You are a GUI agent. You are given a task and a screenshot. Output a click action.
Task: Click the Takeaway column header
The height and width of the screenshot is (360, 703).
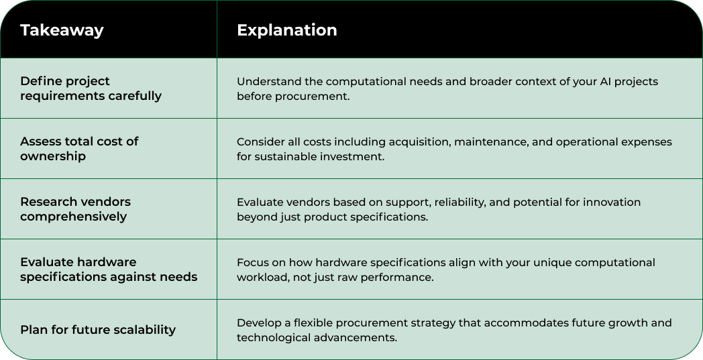[x=62, y=30]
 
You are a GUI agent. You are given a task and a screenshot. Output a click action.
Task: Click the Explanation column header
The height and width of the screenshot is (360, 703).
[x=286, y=30]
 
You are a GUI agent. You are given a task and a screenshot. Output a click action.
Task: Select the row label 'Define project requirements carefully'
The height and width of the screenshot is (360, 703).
[x=91, y=88]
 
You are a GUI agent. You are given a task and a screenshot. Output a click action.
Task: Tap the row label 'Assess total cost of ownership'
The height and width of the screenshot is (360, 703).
[x=79, y=149]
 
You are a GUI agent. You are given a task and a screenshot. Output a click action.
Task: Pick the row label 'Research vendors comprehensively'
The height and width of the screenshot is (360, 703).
[x=75, y=209]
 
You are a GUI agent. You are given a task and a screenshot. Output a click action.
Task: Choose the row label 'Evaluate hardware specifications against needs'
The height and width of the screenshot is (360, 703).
[x=108, y=269]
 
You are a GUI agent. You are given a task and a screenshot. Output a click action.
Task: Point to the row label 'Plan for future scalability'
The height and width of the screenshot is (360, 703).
[x=98, y=330]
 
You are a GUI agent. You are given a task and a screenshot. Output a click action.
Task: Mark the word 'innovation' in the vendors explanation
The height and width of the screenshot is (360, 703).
[x=612, y=202]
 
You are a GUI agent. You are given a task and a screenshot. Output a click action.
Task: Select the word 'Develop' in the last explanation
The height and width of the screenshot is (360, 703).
[x=258, y=323]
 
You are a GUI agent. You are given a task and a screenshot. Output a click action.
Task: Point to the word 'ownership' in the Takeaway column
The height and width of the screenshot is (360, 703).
[x=53, y=156]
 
